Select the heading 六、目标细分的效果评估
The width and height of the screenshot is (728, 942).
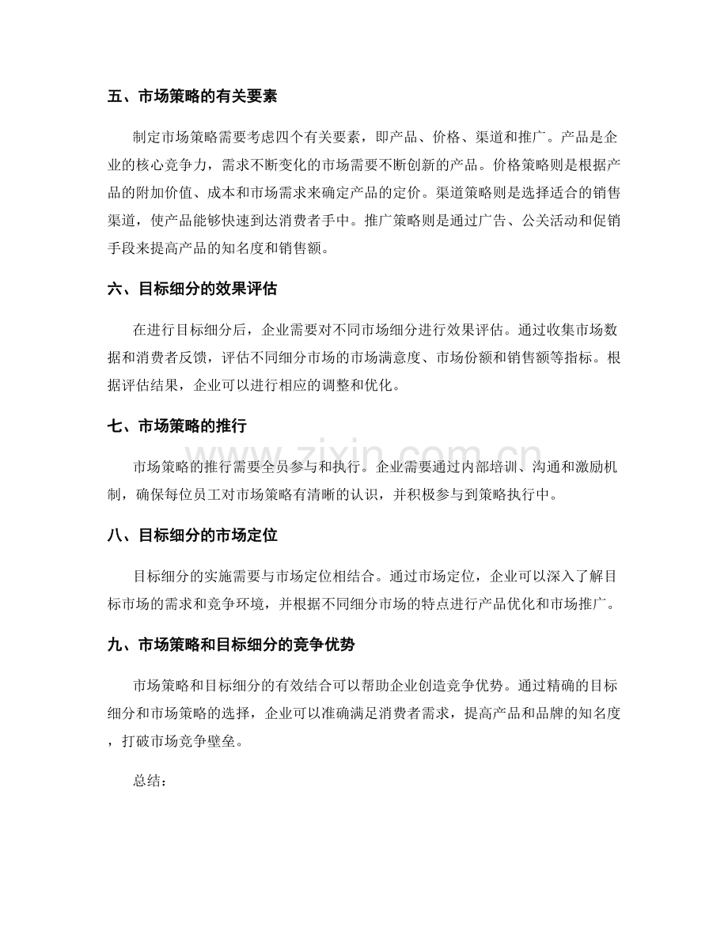click(x=191, y=289)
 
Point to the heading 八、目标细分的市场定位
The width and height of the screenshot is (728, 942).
click(x=191, y=535)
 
